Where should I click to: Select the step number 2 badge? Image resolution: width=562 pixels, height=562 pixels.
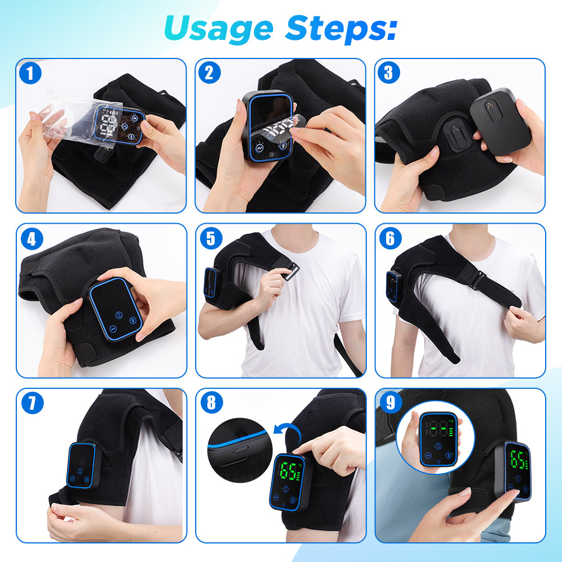tap(211, 73)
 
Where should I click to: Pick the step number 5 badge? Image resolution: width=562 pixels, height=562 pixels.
tap(211, 239)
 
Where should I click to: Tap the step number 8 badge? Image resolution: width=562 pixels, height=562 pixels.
tap(211, 403)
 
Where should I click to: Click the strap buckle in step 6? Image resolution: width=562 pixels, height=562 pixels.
tap(478, 279)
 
